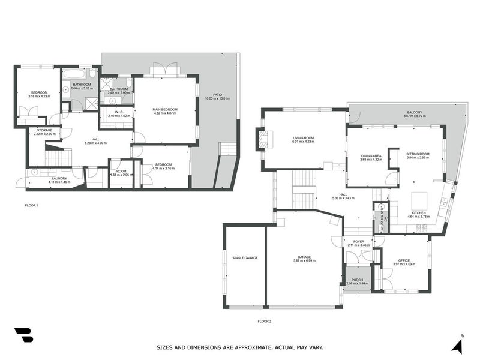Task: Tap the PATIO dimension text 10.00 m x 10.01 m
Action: click(217, 98)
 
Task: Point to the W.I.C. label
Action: click(119, 112)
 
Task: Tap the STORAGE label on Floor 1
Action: click(44, 130)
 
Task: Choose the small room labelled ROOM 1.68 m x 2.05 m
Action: click(121, 175)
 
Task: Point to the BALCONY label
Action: click(414, 112)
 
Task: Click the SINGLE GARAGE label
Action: click(245, 257)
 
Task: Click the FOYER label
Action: click(358, 242)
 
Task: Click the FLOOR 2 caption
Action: click(265, 322)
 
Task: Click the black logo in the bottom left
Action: click(24, 335)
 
